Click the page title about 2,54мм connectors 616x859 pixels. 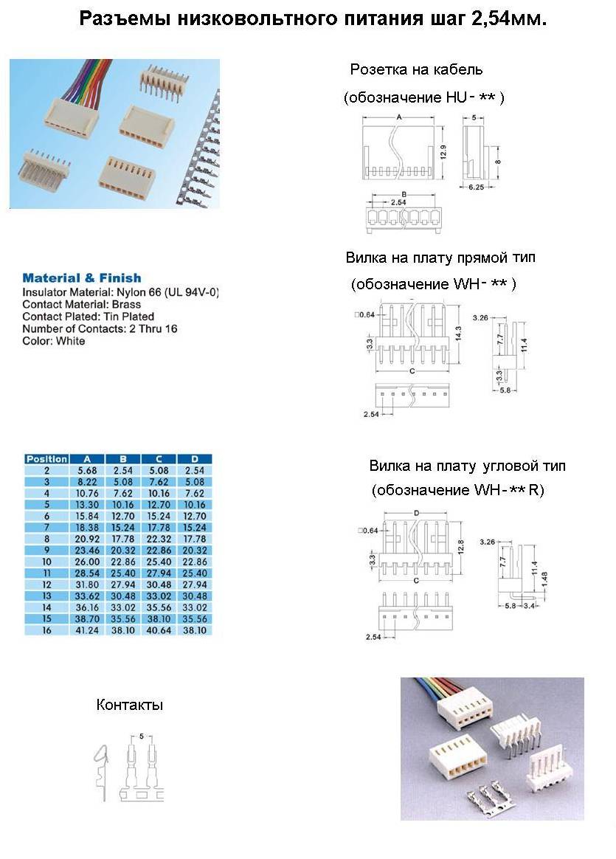(x=313, y=19)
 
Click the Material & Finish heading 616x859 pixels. (x=81, y=278)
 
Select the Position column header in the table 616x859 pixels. (x=46, y=459)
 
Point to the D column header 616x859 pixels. (x=195, y=459)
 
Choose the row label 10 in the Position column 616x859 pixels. (x=46, y=562)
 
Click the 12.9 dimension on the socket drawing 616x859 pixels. (x=443, y=153)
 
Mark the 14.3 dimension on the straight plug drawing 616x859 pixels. (x=458, y=332)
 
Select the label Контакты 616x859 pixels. (x=129, y=705)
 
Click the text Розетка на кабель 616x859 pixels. (x=416, y=70)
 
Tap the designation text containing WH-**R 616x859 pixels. (x=457, y=490)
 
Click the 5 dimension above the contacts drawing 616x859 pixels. (x=141, y=736)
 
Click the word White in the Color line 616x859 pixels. (x=70, y=341)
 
